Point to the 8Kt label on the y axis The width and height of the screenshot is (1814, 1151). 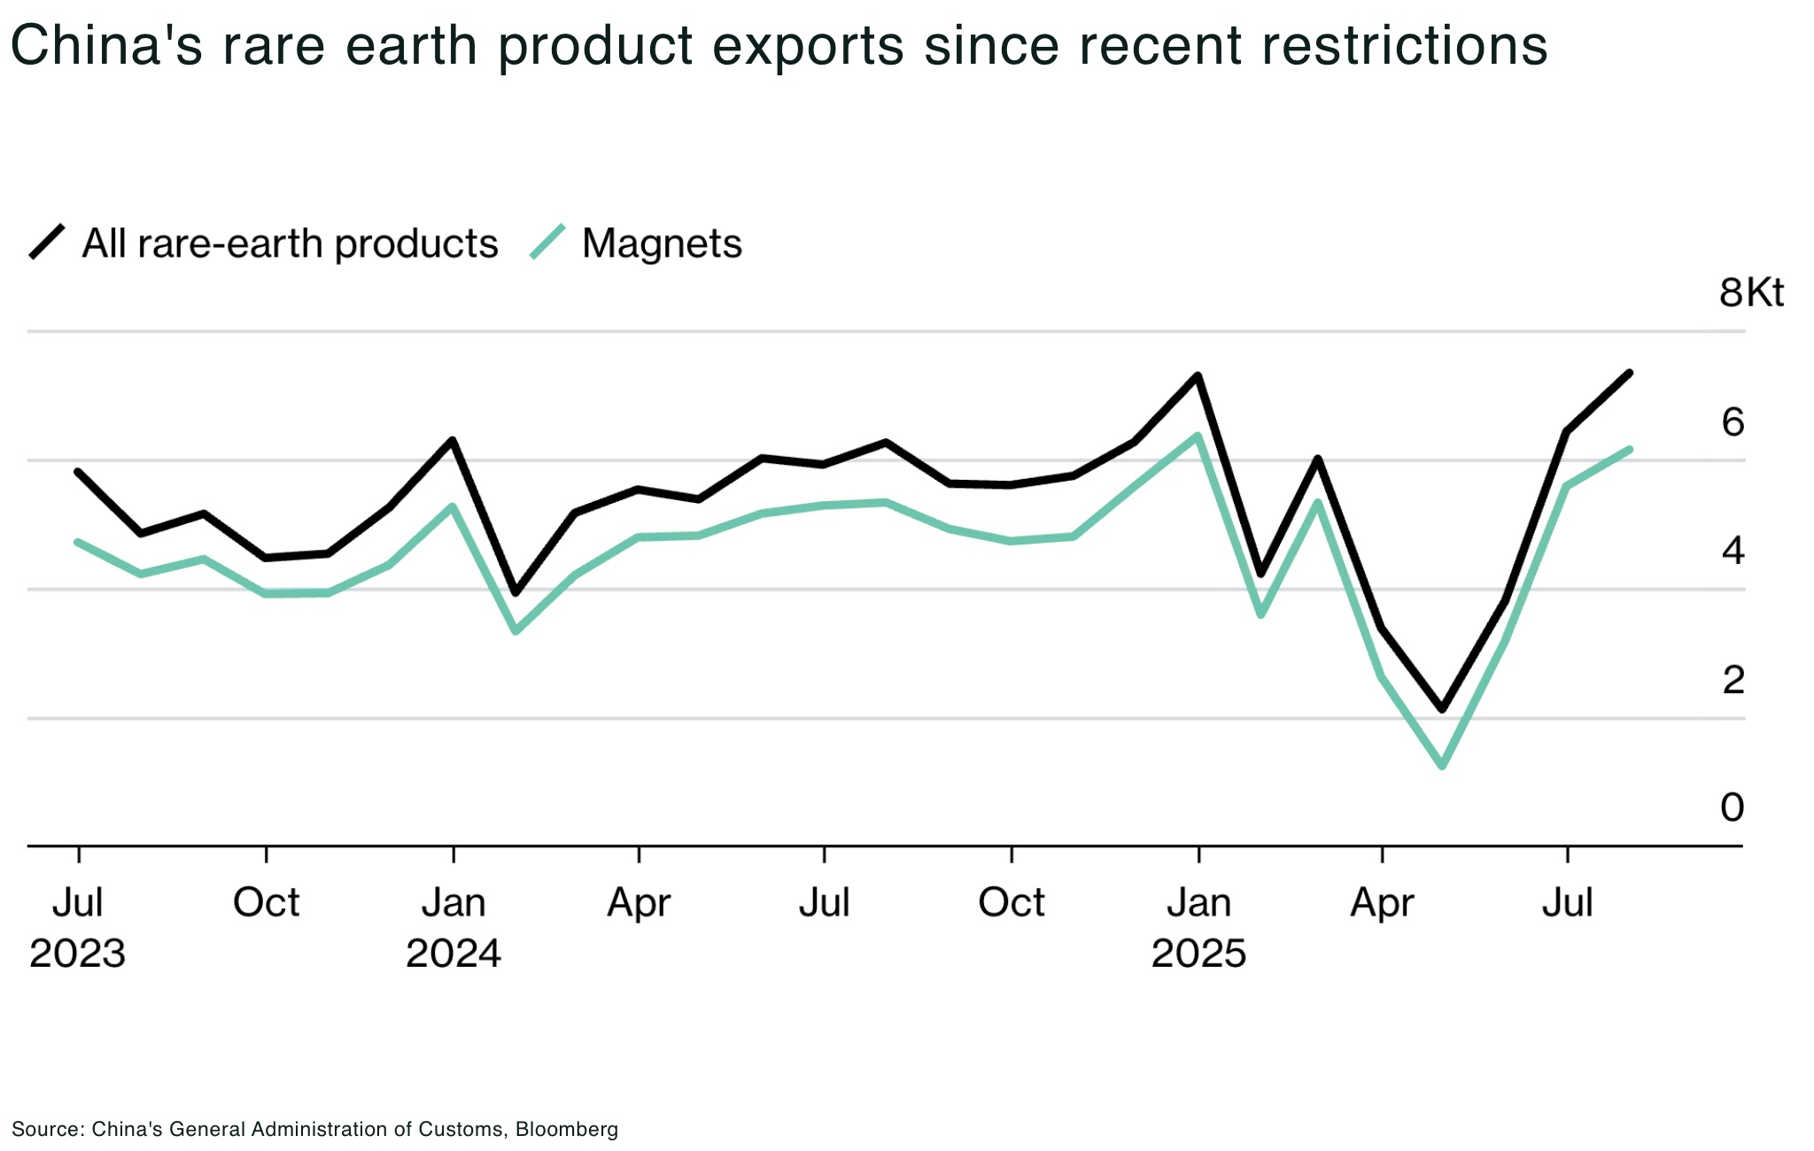click(x=1750, y=292)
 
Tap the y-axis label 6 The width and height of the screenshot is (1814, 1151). click(x=1733, y=422)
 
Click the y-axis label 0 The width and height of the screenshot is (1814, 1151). click(x=1732, y=807)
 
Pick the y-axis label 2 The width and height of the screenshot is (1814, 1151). click(x=1733, y=680)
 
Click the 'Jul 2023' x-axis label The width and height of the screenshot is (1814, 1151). click(x=78, y=927)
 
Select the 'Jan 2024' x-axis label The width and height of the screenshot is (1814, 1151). click(x=453, y=927)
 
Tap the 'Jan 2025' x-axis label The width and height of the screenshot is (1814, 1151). click(x=1198, y=927)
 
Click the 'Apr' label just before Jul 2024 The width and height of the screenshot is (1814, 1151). click(x=639, y=903)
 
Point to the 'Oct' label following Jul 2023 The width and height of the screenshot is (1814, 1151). click(x=266, y=903)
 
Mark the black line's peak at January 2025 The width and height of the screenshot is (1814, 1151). click(x=1198, y=376)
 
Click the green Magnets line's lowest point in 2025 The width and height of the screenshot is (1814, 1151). click(x=1443, y=765)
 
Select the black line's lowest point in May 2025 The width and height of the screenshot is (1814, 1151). click(x=1443, y=709)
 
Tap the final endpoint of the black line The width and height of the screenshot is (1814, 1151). click(x=1630, y=373)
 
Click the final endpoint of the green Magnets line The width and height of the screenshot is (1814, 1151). click(x=1630, y=450)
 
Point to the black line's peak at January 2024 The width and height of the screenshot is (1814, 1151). click(x=453, y=440)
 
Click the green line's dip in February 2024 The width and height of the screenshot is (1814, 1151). click(x=516, y=631)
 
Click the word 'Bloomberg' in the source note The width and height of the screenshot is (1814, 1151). click(x=566, y=1130)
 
